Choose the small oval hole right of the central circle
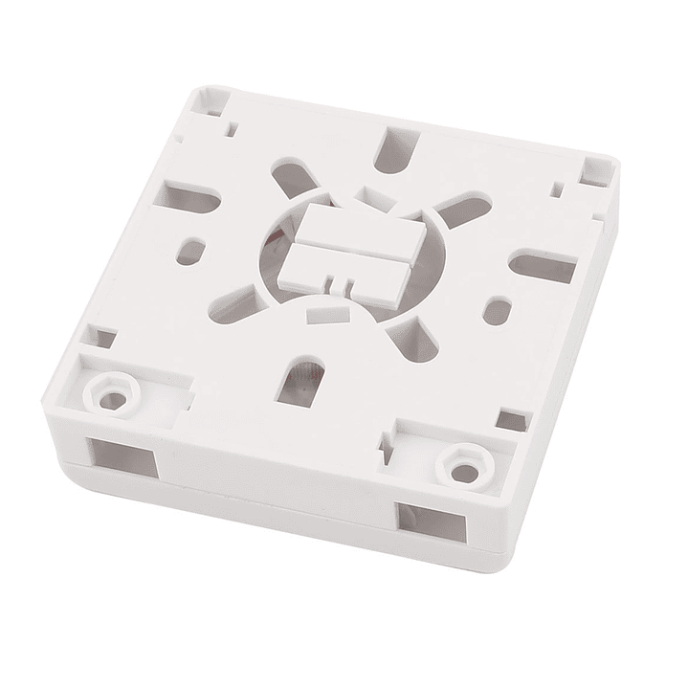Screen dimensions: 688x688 click(x=499, y=312)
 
